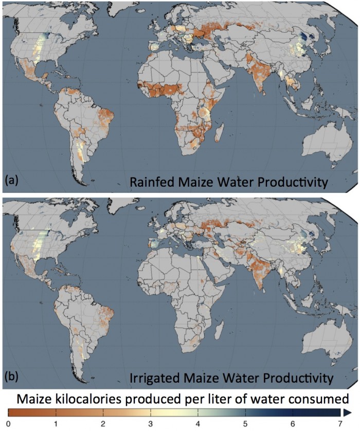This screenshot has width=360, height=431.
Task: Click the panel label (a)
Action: pos(11,181)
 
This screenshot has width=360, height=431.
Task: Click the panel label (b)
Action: pos(11,376)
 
